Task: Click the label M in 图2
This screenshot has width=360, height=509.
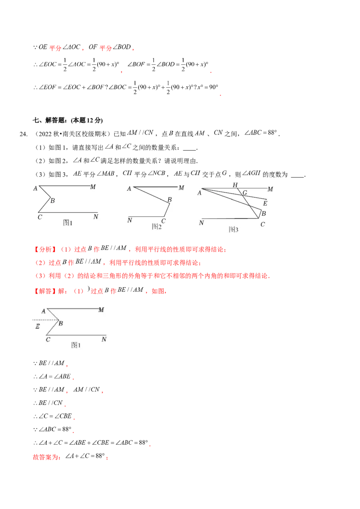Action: click(x=181, y=188)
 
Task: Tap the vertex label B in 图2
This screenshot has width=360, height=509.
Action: click(x=170, y=200)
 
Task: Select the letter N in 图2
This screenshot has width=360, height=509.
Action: click(x=130, y=220)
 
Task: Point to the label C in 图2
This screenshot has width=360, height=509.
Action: click(x=163, y=221)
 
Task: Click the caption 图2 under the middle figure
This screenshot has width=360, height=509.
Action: click(x=157, y=227)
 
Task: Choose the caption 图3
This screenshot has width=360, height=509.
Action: click(x=233, y=229)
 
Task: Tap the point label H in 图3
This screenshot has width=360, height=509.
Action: click(x=235, y=185)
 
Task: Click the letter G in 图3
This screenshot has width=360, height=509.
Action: click(x=245, y=193)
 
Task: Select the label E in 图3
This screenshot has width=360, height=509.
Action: click(x=265, y=203)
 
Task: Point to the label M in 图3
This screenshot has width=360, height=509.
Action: click(x=270, y=189)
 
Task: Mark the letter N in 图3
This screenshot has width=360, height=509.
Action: click(x=202, y=223)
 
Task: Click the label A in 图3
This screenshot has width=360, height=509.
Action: click(x=199, y=193)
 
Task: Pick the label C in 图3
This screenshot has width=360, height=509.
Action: click(x=262, y=224)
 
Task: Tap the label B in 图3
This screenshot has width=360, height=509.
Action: click(x=264, y=213)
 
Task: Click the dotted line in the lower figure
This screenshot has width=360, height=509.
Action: click(x=43, y=319)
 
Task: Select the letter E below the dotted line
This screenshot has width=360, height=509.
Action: click(x=37, y=327)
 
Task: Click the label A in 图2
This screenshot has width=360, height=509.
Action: click(x=129, y=189)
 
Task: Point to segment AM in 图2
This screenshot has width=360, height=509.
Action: click(x=155, y=186)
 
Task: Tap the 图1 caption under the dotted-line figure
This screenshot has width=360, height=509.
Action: click(x=76, y=345)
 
